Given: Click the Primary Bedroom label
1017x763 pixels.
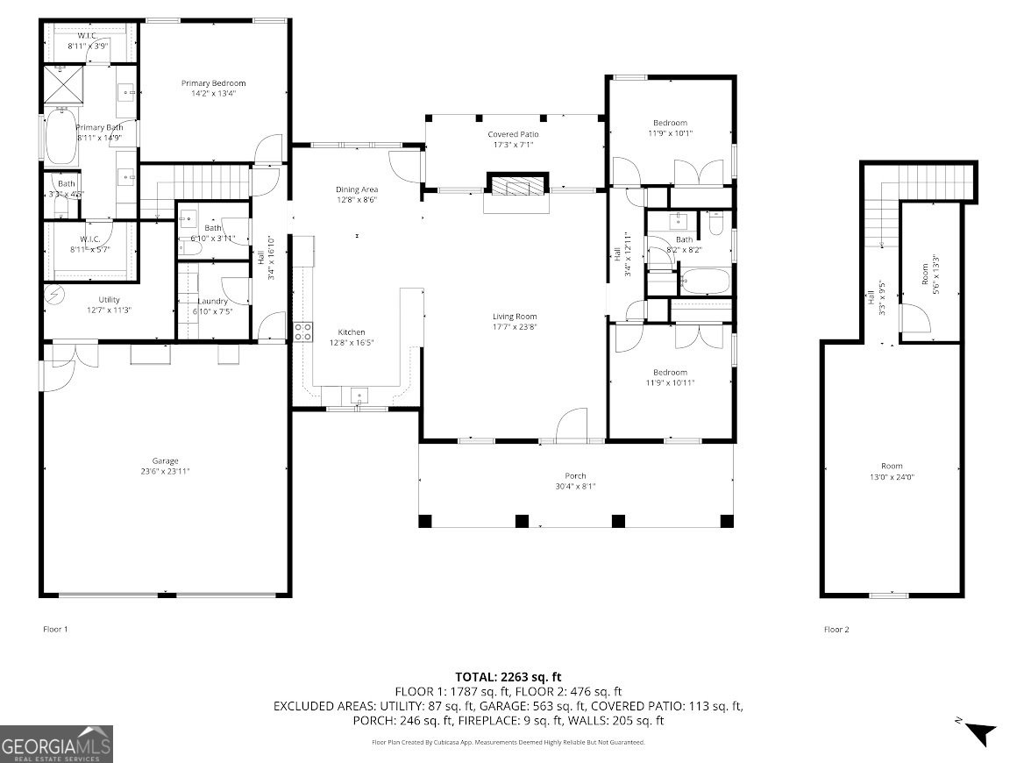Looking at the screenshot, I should click(213, 83).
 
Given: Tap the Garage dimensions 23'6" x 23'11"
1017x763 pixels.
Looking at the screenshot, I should click(165, 472).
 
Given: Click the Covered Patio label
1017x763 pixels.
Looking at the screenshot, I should click(513, 134).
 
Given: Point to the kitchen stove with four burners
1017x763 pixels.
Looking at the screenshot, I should click(302, 332).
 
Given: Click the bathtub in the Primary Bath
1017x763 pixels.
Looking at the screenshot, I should click(60, 136).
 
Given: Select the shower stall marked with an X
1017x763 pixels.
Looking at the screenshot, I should click(60, 85).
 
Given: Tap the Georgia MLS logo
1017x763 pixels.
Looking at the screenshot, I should click(57, 744).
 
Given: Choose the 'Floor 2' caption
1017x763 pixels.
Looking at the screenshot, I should click(836, 629).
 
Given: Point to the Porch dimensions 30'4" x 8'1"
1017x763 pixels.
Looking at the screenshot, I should click(575, 487).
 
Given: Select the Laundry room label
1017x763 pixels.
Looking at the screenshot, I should click(212, 302).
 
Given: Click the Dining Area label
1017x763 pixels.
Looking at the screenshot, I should click(357, 189).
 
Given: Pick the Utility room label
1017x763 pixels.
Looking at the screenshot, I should click(109, 300).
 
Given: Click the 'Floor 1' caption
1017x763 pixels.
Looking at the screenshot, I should click(55, 629).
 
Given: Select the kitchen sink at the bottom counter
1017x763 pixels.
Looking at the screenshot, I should click(359, 396).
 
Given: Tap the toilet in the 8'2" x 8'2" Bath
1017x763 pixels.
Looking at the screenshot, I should click(715, 225).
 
